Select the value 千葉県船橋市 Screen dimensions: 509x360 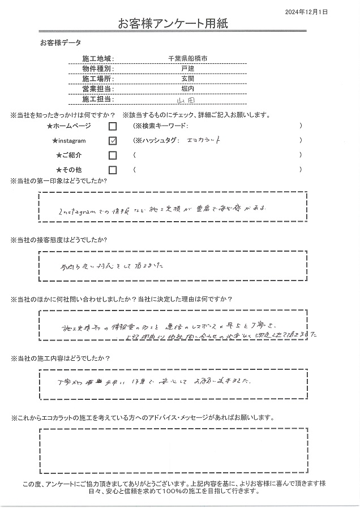[184, 59]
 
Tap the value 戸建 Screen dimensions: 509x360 [184, 69]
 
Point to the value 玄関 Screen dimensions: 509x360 [184, 79]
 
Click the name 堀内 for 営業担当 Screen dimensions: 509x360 [184, 89]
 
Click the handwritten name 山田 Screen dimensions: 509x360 [184, 100]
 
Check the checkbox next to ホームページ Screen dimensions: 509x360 [113, 126]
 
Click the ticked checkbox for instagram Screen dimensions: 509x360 [113, 141]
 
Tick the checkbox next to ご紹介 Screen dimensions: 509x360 [113, 155]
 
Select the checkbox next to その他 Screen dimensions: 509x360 [113, 169]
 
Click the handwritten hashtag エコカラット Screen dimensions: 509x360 [200, 140]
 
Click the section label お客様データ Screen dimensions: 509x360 [61, 43]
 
